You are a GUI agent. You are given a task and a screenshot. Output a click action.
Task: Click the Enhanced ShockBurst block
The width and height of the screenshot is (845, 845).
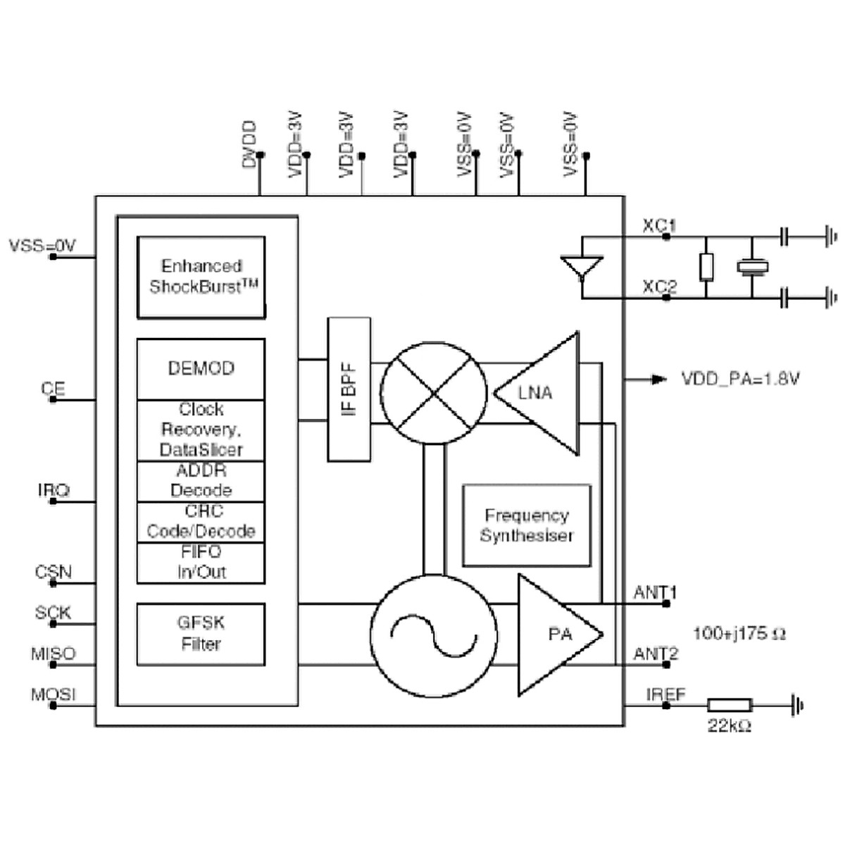point(201,277)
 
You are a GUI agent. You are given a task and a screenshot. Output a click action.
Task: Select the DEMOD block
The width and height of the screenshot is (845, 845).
point(201,368)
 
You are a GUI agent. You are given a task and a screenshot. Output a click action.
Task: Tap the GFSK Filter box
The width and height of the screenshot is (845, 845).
point(201,634)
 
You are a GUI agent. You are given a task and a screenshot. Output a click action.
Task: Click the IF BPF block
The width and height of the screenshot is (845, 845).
point(349,389)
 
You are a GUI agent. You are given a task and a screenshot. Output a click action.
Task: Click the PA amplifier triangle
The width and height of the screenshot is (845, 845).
point(556,634)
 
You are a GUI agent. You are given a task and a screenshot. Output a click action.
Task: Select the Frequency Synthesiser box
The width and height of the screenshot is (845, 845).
point(527,525)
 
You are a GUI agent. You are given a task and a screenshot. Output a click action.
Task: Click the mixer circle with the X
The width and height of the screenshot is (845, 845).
point(433,393)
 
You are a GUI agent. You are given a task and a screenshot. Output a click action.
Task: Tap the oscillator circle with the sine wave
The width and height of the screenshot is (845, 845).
point(433,636)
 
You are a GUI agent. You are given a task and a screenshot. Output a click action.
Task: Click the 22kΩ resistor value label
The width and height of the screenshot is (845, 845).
point(729,725)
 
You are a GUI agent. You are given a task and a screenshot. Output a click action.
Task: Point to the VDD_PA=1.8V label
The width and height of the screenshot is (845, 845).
point(740,380)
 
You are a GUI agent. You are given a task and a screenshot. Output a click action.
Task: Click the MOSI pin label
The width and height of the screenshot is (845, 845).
point(53,695)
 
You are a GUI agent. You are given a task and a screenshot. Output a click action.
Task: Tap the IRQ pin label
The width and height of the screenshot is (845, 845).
point(54,489)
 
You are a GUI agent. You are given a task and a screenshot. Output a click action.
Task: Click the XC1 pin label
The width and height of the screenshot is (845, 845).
point(659,226)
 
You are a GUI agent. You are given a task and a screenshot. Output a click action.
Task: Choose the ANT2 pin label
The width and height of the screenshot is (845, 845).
point(655,654)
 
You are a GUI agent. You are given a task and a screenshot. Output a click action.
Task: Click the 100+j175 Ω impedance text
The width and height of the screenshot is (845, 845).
point(739,633)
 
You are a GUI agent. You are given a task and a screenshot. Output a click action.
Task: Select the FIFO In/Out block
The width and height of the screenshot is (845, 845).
point(201,562)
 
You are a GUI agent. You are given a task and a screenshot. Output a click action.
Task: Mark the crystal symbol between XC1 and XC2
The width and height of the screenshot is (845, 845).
point(752,267)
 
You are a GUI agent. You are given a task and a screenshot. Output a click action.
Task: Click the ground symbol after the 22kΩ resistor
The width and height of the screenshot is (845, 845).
point(797,705)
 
